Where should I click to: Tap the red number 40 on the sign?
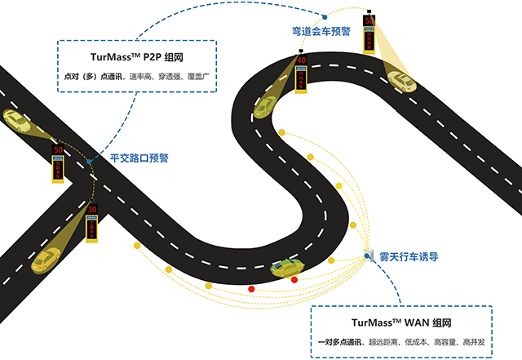click(301, 60)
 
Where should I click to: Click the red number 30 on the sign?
click(92, 210)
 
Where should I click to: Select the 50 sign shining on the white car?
click(369, 21)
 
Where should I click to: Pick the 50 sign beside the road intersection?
click(58, 150)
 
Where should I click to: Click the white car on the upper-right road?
click(402, 80)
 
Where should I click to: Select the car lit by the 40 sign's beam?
click(265, 106)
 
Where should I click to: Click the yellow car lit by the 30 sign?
click(47, 258)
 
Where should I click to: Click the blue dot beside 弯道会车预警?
click(324, 16)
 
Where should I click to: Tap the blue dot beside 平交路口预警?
click(89, 162)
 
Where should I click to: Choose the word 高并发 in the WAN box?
click(482, 342)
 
